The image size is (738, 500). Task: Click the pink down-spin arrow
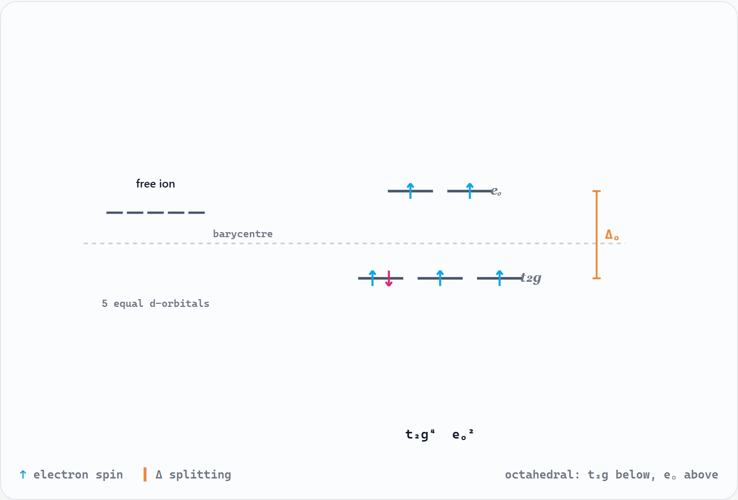coord(389,279)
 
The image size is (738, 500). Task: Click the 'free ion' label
coord(155,184)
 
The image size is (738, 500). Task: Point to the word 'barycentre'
coord(243,234)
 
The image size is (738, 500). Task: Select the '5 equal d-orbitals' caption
coord(155,303)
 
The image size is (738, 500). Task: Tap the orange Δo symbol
coord(612,235)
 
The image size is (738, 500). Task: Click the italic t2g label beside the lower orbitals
coord(531,278)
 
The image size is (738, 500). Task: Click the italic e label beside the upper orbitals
coord(496,191)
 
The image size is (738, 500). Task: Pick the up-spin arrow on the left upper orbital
coord(410,191)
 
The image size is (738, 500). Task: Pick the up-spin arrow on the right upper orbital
coord(470,191)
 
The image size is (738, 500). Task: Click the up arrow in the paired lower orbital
coord(372,278)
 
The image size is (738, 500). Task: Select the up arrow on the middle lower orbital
coord(440,278)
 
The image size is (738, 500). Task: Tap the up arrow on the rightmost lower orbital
coord(500,278)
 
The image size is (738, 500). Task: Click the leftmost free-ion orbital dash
coord(114,213)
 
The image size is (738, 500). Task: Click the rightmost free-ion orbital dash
coord(197,213)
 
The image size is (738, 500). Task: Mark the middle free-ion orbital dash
coord(155,213)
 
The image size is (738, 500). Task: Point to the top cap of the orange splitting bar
coord(597,191)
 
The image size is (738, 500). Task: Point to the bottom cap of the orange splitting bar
coord(597,278)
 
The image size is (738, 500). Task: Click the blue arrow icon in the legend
coord(23,474)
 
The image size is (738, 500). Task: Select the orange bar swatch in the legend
coord(145,474)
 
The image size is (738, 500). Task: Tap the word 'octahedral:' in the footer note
coord(542,474)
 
